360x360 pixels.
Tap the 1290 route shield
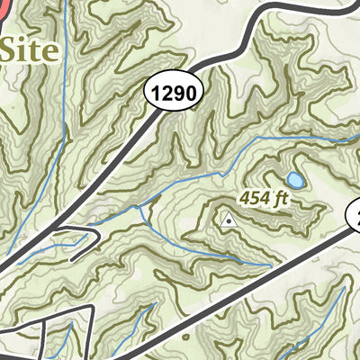pos(173,91)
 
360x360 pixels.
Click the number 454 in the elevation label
pos(254,197)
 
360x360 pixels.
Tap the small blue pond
pos(295,180)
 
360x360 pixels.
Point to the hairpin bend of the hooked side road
pos(96,237)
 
